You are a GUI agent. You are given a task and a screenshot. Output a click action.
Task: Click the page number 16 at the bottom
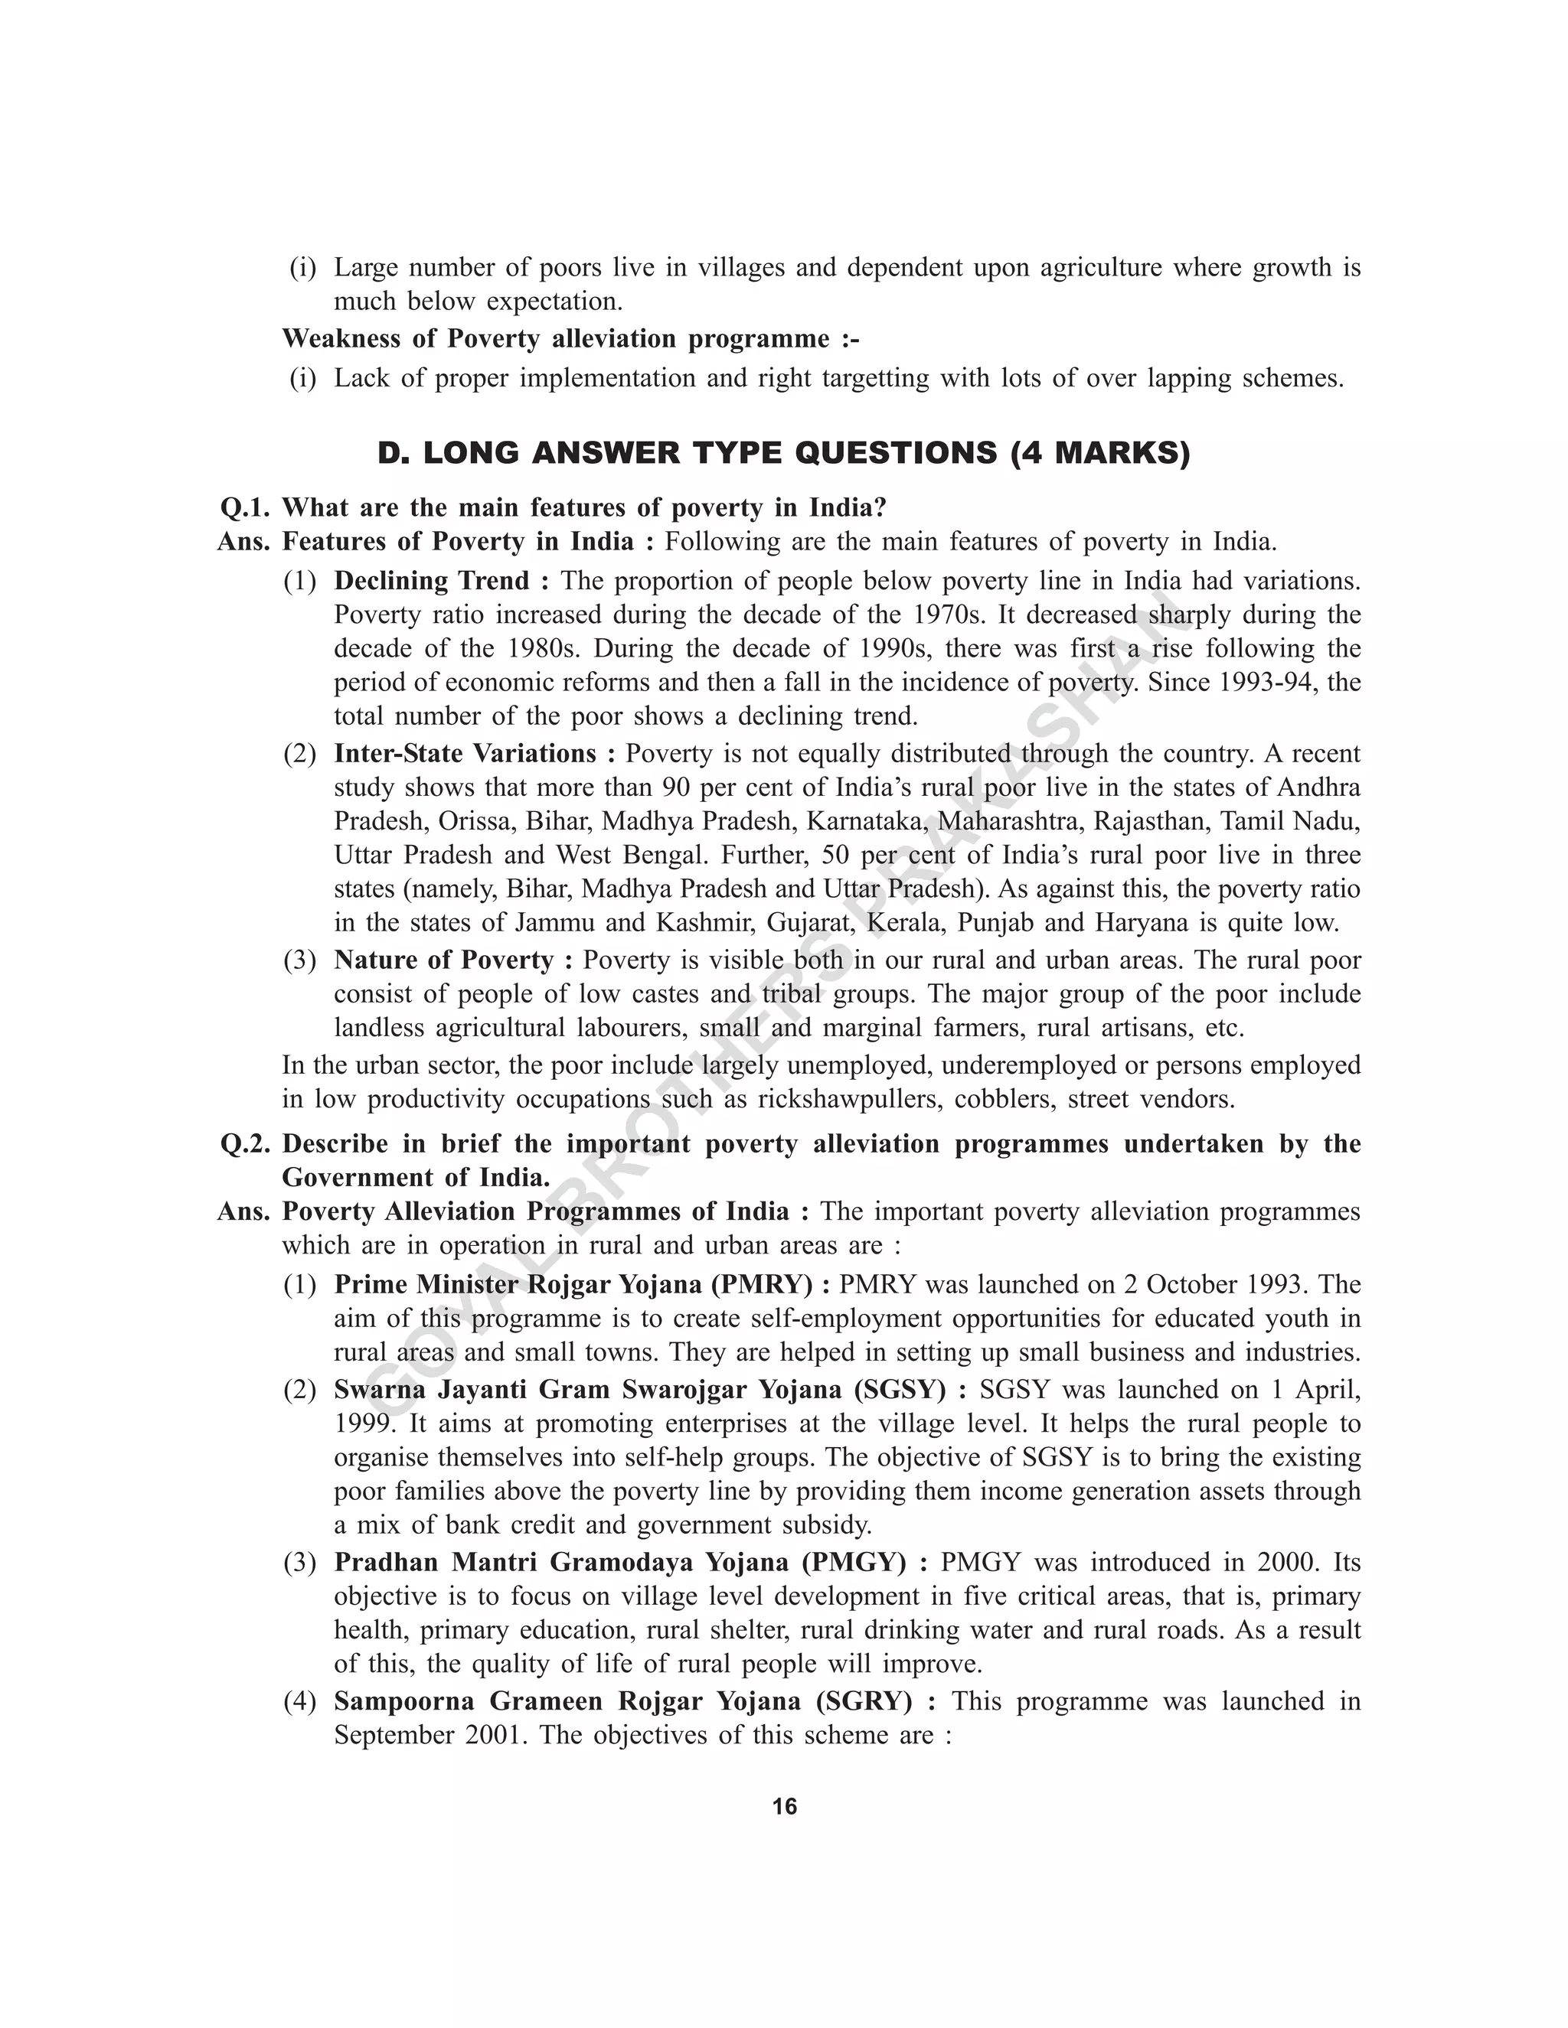coord(784,1806)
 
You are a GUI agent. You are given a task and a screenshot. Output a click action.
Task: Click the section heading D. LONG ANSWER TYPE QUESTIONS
coord(783,453)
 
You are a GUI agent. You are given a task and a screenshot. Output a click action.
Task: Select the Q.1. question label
coord(244,508)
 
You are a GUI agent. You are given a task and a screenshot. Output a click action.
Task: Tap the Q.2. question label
coord(244,1144)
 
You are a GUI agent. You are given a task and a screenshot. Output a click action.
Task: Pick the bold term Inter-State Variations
coord(465,753)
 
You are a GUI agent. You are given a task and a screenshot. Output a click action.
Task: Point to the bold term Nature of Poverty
coord(444,960)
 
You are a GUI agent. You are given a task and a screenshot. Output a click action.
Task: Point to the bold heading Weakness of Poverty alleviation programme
coord(570,339)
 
